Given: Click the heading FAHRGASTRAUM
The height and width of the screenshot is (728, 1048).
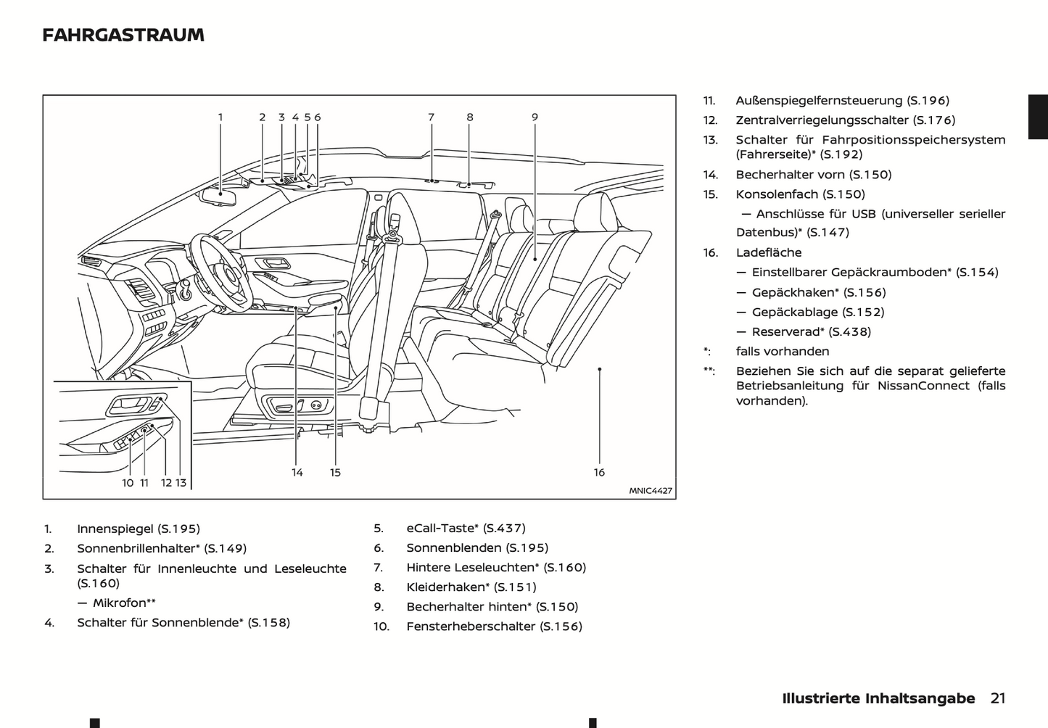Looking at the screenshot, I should pyautogui.click(x=123, y=35).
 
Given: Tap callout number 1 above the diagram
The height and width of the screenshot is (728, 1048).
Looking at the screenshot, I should pyautogui.click(x=220, y=117).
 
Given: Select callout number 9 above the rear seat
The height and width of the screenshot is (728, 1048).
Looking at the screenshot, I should pyautogui.click(x=535, y=117).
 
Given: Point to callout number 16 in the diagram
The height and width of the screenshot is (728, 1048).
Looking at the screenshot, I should pyautogui.click(x=599, y=472).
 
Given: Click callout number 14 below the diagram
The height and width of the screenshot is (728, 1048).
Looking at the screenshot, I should pyautogui.click(x=297, y=472).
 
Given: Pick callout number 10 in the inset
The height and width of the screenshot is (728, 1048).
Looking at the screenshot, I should pyautogui.click(x=128, y=482).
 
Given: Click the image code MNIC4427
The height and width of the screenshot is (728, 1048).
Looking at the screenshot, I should pyautogui.click(x=651, y=491).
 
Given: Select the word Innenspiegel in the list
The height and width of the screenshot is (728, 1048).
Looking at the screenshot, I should pyautogui.click(x=115, y=529).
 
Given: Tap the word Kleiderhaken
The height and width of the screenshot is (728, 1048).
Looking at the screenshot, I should pyautogui.click(x=445, y=587).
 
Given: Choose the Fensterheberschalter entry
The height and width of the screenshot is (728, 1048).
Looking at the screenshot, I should pyautogui.click(x=472, y=626).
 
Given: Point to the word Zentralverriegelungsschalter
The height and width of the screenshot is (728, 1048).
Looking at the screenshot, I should pyautogui.click(x=822, y=120).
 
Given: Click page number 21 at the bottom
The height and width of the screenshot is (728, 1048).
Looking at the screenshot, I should pyautogui.click(x=998, y=698).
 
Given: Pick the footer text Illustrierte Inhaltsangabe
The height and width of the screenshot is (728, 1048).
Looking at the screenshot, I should pyautogui.click(x=878, y=698).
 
